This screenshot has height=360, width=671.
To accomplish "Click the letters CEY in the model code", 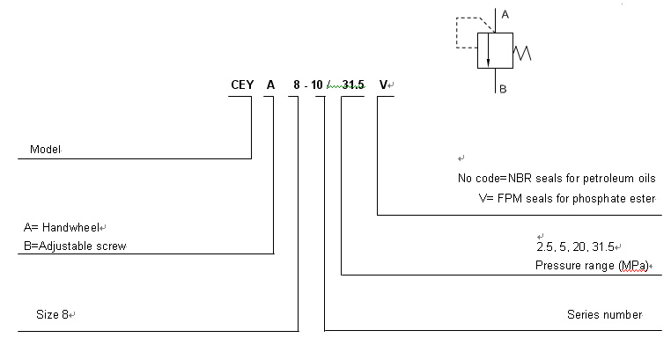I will pyautogui.click(x=241, y=85).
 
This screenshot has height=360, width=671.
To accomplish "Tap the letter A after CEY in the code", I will pyautogui.click(x=271, y=85).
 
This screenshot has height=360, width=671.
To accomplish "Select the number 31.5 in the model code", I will pyautogui.click(x=354, y=85).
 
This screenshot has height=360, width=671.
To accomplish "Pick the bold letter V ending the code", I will pyautogui.click(x=383, y=85).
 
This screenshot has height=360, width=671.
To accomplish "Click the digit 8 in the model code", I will pyautogui.click(x=297, y=85).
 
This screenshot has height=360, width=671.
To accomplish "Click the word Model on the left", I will pyautogui.click(x=45, y=150).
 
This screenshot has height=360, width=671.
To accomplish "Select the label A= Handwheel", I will pyautogui.click(x=64, y=227).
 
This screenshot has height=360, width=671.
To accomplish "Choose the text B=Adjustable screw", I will pyautogui.click(x=76, y=246).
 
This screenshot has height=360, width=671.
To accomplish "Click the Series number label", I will pyautogui.click(x=604, y=314).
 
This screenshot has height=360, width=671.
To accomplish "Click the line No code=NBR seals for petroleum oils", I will pyautogui.click(x=557, y=178).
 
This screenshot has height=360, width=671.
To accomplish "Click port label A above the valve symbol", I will pyautogui.click(x=505, y=15).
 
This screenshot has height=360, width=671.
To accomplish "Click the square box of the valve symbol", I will pyautogui.click(x=494, y=50).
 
